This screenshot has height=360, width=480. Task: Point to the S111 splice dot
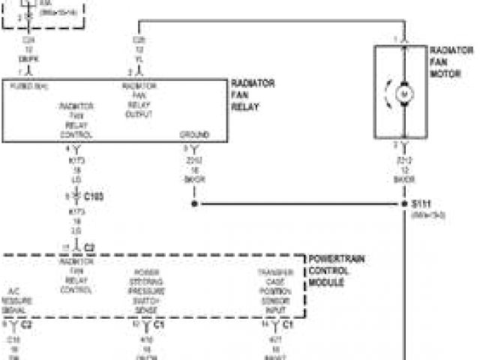[x=403, y=203]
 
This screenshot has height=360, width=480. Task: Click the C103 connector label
[x=93, y=196]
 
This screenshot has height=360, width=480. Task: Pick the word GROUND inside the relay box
[x=194, y=135]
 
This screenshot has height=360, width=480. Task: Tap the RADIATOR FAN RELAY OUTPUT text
[x=139, y=100]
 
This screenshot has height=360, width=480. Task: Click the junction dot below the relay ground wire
[x=194, y=203]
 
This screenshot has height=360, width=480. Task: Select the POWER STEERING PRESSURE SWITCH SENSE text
[x=146, y=288]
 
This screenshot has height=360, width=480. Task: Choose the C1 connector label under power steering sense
[x=159, y=325]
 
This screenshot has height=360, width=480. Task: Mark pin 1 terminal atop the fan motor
[x=403, y=40]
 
